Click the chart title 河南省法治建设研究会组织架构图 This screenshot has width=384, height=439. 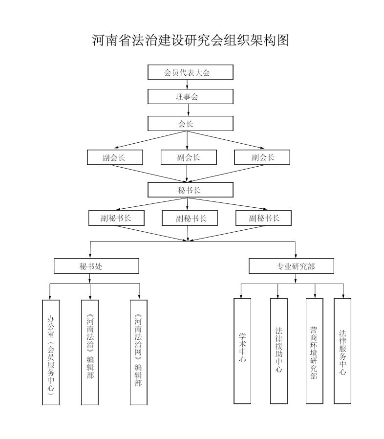tap(191, 41)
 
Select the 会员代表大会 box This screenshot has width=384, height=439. tap(191, 72)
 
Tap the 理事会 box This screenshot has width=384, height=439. tap(191, 96)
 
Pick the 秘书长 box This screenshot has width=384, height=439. tap(191, 190)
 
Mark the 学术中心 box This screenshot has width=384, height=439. tap(242, 351)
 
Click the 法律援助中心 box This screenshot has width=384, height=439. tap(278, 351)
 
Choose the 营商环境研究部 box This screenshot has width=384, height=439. tap(315, 351)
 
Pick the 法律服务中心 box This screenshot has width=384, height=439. tap(342, 351)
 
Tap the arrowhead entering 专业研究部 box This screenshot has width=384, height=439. tap(296, 256)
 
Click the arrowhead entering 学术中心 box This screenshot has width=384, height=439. tap(242, 296)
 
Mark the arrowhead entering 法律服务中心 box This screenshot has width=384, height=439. tap(342, 296)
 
